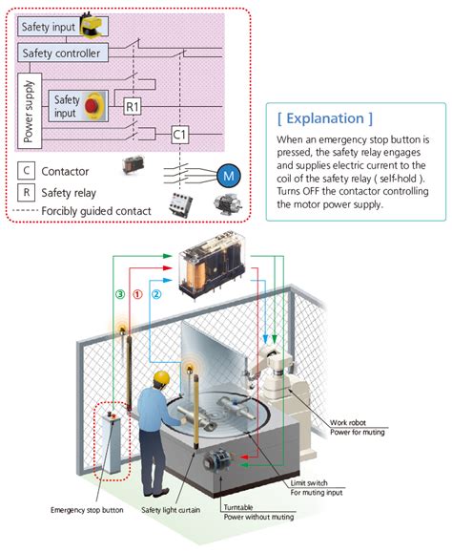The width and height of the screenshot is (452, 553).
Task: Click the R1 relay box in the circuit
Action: pos(133,106)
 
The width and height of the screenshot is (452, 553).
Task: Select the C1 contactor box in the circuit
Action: pos(180,135)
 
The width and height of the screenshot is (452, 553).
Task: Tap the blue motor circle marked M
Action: pos(229,176)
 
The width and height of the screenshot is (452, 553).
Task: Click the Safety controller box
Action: pos(63,53)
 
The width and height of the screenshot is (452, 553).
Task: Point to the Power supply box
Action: pos(30,111)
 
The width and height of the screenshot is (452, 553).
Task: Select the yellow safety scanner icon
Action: pos(92,24)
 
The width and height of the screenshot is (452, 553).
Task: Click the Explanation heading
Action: pos(325,118)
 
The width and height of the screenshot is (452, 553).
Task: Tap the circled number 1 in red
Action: pos(137,294)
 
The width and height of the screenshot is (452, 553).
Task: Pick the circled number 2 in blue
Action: pos(156,294)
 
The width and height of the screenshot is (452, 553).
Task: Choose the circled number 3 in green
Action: pos(120,294)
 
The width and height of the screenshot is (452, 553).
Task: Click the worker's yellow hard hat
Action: pos(161,378)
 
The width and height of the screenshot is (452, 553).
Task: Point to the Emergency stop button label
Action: pos(87,510)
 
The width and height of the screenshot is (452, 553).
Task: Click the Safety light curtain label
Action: pos(171,510)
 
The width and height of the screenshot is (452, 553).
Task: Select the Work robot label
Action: pos(348,422)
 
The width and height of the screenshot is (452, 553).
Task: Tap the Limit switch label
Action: pos(309,483)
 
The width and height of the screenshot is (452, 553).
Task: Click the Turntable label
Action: pos(238,507)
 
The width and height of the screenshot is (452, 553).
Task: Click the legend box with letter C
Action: pos(26,171)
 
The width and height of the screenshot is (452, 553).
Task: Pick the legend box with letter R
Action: pos(26,193)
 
